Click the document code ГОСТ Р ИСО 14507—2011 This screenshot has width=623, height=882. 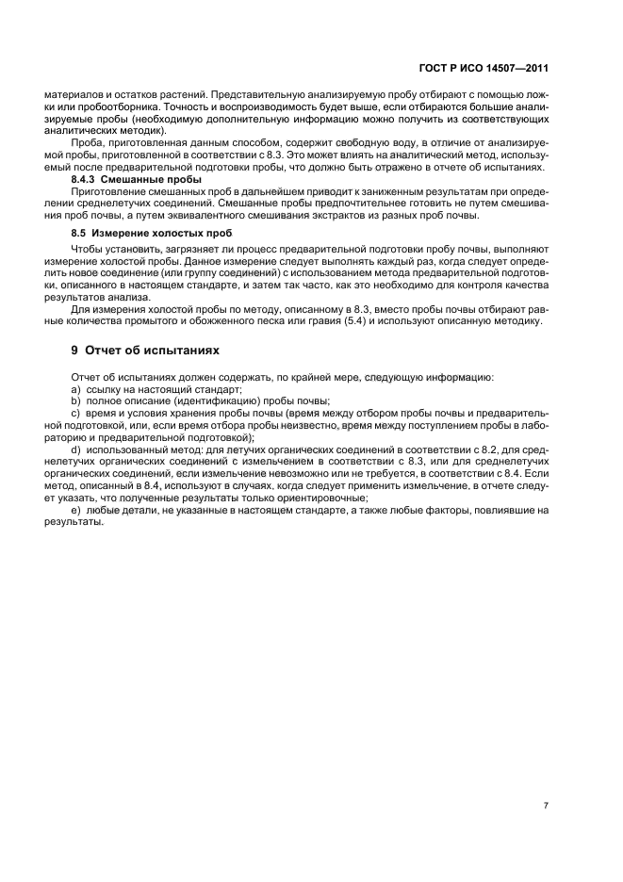(x=491, y=68)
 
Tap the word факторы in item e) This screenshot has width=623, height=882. (x=457, y=510)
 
